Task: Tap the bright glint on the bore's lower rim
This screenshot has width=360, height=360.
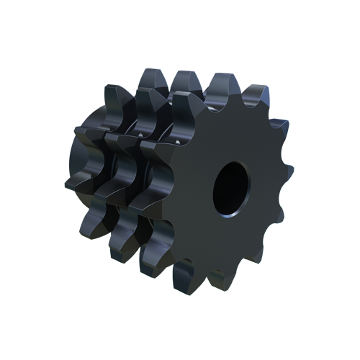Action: (229, 212)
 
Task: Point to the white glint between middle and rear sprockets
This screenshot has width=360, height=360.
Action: (138, 134)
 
